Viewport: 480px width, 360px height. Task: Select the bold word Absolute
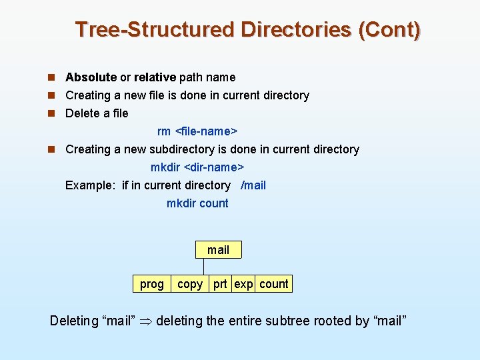91,77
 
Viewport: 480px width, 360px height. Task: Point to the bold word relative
155,77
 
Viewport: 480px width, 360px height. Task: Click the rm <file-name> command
197,131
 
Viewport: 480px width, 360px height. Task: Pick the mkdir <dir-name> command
197,167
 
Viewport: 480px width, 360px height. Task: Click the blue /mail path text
253,185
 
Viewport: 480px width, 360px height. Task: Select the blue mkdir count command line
197,203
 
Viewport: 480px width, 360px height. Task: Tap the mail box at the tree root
218,250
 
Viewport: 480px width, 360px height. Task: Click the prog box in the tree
151,284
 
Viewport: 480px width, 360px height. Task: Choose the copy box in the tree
190,284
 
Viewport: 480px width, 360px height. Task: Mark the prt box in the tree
220,284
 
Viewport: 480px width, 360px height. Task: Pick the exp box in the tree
243,284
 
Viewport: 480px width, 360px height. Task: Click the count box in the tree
274,284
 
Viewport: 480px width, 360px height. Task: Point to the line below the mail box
203,266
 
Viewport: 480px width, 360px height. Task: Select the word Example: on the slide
91,185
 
